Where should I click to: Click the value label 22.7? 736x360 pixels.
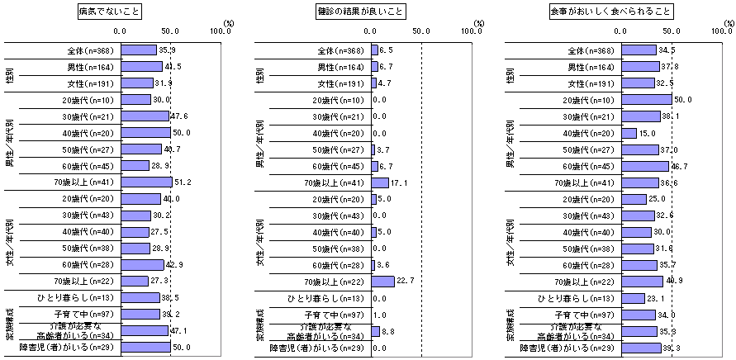coord(404,282)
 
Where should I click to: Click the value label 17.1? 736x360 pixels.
coord(399,182)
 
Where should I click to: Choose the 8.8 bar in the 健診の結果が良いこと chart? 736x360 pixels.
coord(375,331)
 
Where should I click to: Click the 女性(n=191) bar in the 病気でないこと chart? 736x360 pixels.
coord(136,83)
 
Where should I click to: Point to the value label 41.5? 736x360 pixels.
coord(173,67)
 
